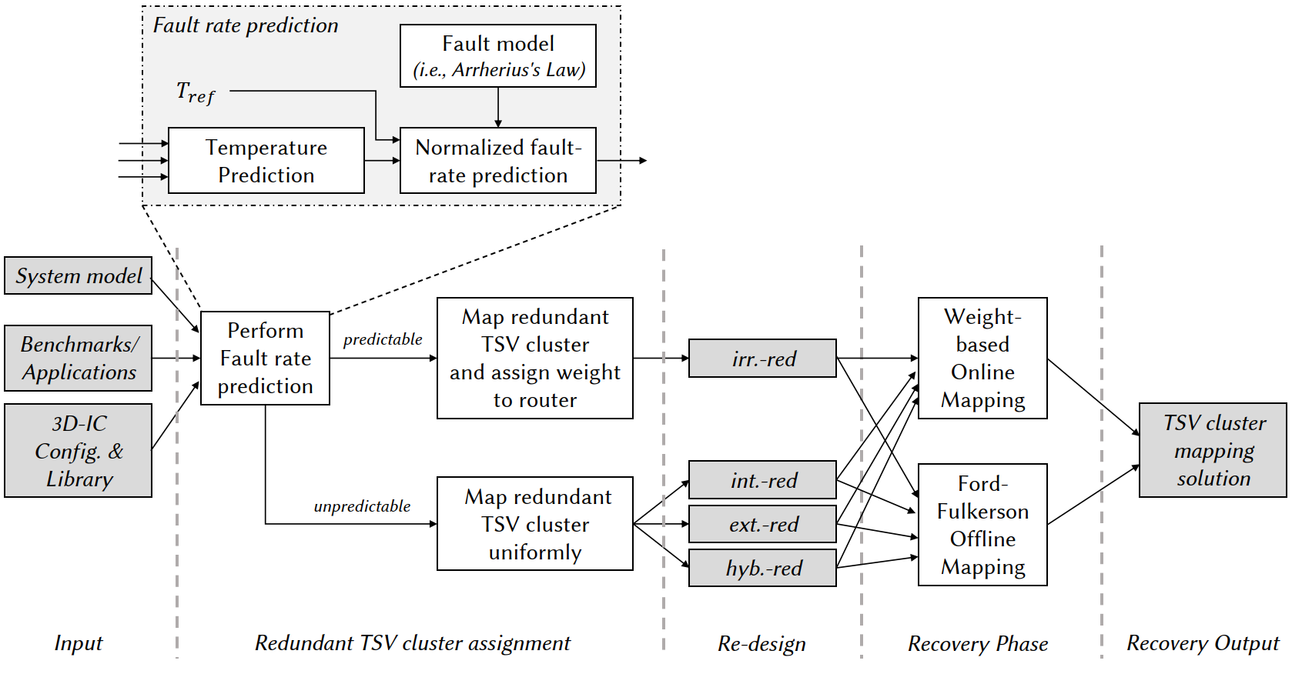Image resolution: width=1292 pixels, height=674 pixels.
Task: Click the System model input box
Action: click(x=78, y=275)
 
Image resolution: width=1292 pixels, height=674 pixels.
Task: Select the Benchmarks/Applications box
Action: click(x=78, y=358)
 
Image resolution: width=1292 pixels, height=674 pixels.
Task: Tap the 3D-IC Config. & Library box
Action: click(x=78, y=450)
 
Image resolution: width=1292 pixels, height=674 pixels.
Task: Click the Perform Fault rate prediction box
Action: click(x=265, y=358)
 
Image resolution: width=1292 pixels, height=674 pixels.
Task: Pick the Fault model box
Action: click(x=497, y=55)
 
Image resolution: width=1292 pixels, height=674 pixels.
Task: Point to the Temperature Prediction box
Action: click(x=266, y=160)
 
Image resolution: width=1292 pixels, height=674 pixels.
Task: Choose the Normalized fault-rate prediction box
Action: click(x=497, y=160)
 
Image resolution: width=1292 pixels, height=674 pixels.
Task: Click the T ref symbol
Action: click(x=195, y=93)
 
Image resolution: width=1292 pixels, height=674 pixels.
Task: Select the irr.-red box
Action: click(x=762, y=359)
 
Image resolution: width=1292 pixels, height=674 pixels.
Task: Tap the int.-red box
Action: click(x=762, y=480)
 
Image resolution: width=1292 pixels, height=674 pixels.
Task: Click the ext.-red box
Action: click(x=762, y=524)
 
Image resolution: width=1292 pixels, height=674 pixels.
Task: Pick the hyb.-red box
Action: click(x=762, y=568)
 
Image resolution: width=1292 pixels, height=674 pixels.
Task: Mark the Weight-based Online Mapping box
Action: click(x=982, y=358)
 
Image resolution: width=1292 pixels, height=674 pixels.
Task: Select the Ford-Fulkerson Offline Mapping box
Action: click(x=982, y=525)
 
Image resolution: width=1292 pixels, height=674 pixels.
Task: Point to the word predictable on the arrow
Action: click(x=383, y=339)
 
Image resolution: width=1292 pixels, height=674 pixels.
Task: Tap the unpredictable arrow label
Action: click(x=362, y=506)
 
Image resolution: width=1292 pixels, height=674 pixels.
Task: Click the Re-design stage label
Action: click(x=761, y=643)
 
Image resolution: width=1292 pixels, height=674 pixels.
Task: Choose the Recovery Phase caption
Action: click(x=977, y=643)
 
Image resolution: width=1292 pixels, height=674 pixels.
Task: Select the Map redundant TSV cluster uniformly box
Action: click(x=534, y=524)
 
